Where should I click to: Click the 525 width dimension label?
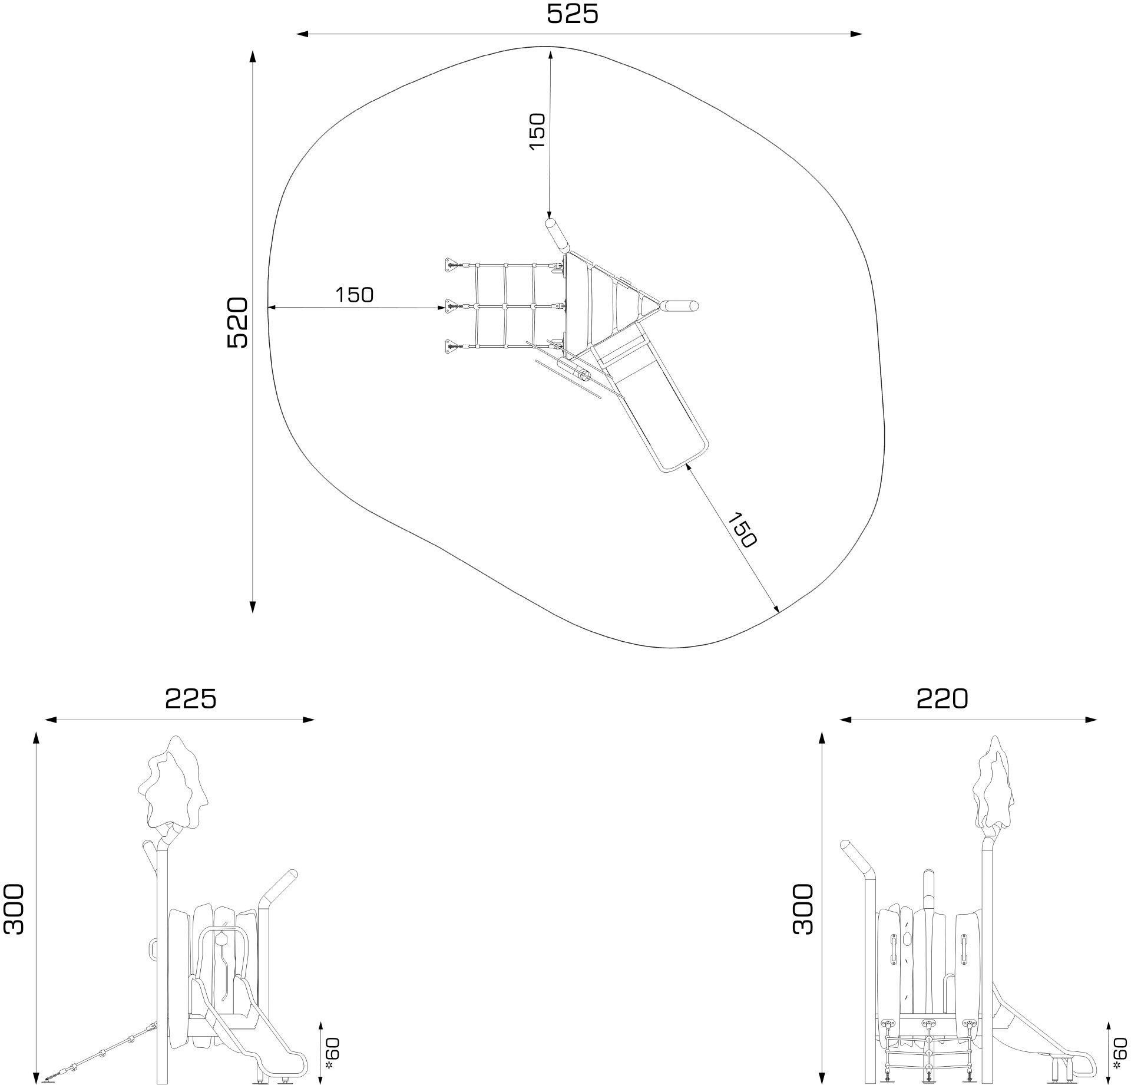click(x=572, y=14)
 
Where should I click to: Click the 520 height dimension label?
click(x=238, y=322)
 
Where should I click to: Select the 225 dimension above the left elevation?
click(x=190, y=698)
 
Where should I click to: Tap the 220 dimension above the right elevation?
click(x=942, y=698)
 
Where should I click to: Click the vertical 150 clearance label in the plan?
click(x=537, y=131)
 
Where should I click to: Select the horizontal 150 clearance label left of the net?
click(x=355, y=295)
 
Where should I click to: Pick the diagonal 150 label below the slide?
click(x=742, y=530)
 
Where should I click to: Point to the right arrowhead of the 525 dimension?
click(x=857, y=34)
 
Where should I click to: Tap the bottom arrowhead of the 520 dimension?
click(x=253, y=607)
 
